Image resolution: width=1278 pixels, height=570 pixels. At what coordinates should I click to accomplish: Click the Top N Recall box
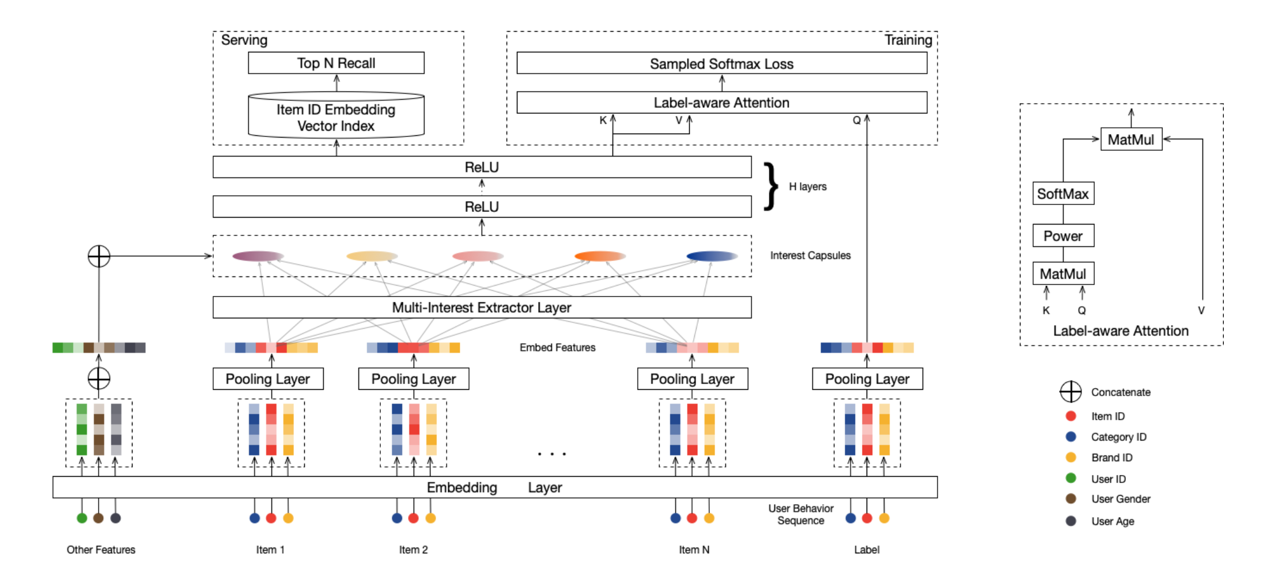pyautogui.click(x=336, y=63)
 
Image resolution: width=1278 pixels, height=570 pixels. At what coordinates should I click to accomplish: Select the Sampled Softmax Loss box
pyautogui.click(x=721, y=63)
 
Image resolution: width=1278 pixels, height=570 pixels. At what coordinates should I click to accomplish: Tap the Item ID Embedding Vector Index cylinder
pyautogui.click(x=336, y=117)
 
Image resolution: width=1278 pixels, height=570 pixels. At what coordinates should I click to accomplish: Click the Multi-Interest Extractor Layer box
pyautogui.click(x=482, y=307)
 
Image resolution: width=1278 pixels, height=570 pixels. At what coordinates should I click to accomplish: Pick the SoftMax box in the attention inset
pyautogui.click(x=1063, y=193)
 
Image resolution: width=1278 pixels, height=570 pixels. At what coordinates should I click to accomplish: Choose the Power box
pyautogui.click(x=1063, y=235)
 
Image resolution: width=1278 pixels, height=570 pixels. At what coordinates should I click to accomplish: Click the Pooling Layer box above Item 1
pyautogui.click(x=268, y=379)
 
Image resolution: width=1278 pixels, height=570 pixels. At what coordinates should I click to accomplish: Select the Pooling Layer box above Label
pyautogui.click(x=867, y=379)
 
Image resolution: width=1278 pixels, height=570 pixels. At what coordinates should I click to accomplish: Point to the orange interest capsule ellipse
pyautogui.click(x=600, y=256)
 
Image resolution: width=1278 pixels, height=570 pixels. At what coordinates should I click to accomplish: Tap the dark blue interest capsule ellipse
pyautogui.click(x=712, y=256)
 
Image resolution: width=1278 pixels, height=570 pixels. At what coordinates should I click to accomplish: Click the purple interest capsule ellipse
pyautogui.click(x=258, y=256)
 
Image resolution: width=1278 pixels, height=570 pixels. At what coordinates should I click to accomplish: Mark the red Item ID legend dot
pyautogui.click(x=1071, y=416)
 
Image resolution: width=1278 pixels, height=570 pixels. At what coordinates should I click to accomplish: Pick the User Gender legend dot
pyautogui.click(x=1071, y=499)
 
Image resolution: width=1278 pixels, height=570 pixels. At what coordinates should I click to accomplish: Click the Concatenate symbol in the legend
pyautogui.click(x=1071, y=392)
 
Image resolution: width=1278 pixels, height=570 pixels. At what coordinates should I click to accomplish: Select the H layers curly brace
pyautogui.click(x=770, y=186)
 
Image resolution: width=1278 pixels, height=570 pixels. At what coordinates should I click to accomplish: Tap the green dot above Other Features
pyautogui.click(x=82, y=518)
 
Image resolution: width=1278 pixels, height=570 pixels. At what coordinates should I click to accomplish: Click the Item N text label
pyautogui.click(x=694, y=550)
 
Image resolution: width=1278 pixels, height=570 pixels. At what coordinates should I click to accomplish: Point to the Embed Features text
pyautogui.click(x=557, y=347)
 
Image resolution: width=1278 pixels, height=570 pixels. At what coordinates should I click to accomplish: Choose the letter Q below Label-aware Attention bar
pyautogui.click(x=857, y=120)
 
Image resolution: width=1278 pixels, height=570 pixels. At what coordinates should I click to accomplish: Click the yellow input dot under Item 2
pyautogui.click(x=430, y=518)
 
